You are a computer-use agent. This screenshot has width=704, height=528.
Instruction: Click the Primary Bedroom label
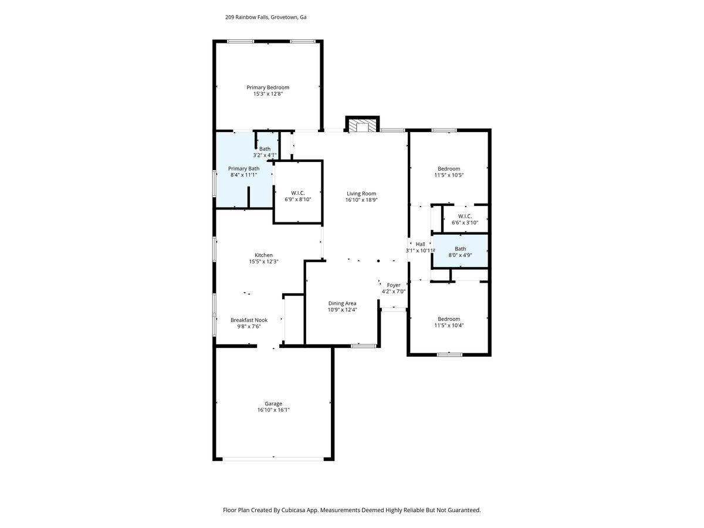[268, 87]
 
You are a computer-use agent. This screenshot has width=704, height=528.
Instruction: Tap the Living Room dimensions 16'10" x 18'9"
[361, 200]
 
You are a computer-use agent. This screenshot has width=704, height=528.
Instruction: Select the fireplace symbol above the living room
[362, 126]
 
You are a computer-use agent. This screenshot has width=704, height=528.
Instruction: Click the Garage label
[273, 404]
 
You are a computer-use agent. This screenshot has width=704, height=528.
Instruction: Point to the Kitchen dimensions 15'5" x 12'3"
[263, 262]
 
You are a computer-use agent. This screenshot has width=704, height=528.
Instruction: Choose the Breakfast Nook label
[249, 320]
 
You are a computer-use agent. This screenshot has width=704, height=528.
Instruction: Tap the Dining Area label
[342, 303]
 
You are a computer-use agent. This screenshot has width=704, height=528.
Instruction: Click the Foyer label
[393, 285]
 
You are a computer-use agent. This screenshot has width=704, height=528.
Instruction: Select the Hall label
[420, 244]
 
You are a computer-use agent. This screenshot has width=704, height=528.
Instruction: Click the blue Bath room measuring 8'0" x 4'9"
[461, 251]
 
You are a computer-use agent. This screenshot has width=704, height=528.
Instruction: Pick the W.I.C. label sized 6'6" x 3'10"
[465, 216]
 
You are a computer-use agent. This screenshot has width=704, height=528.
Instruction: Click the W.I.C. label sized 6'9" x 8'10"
[297, 193]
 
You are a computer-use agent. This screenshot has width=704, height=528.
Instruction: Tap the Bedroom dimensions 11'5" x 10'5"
[449, 175]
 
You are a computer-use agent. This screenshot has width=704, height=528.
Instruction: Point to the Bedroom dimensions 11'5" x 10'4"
[449, 326]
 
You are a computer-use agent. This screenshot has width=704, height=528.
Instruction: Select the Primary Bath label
[243, 168]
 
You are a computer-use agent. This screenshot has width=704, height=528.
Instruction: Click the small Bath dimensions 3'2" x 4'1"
[265, 155]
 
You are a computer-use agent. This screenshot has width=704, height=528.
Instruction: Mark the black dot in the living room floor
[378, 261]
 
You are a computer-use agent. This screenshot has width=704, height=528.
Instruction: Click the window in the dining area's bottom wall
[363, 346]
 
